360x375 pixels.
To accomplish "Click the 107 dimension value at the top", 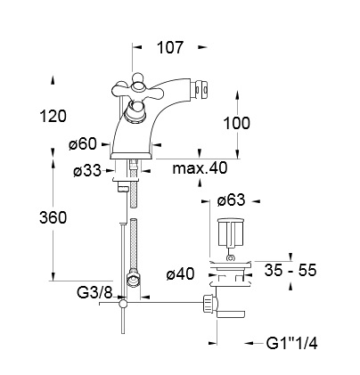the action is tap(170, 48).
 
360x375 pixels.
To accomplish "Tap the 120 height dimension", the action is tap(53, 116).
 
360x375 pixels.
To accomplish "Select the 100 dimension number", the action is tap(236, 123).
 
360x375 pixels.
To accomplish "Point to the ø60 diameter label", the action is tap(83, 144).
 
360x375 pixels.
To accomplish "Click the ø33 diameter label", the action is tap(87, 171).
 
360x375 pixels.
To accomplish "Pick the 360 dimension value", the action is tap(53, 218).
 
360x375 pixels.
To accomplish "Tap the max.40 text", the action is tap(200, 168).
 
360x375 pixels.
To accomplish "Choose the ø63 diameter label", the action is tap(231, 200).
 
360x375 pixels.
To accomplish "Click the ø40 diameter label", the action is tap(180, 273).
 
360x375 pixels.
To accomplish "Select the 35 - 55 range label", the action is tap(290, 270).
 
